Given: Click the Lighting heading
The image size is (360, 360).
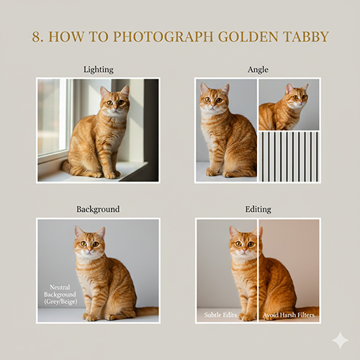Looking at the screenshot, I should [x=98, y=69].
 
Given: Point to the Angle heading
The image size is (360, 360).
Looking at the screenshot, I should [x=258, y=69].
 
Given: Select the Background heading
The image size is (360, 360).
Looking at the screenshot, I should [x=98, y=210].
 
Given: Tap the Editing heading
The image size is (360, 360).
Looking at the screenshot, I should [x=258, y=210].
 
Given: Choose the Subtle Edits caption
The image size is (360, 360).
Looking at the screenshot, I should [x=219, y=315].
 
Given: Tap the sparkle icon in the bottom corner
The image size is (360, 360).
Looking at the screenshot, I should [x=339, y=340].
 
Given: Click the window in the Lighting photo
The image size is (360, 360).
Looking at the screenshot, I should [x=53, y=119].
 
